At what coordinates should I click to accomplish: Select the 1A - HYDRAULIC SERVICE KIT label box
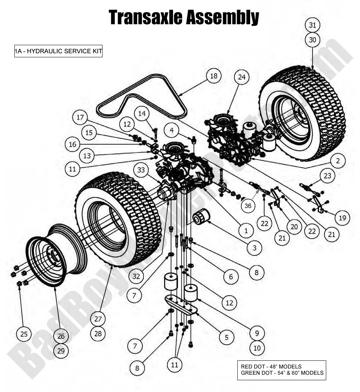coord(58,51)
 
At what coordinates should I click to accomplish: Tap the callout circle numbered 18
coord(213,76)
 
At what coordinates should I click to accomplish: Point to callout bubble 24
coord(241,78)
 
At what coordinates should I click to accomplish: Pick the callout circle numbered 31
coord(312,25)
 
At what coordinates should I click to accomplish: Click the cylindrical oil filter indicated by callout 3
coord(201,216)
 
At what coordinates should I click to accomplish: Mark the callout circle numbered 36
coord(248,206)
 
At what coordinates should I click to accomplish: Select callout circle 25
coord(24,334)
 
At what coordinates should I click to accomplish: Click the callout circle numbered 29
coord(61,351)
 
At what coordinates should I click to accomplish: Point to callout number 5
coord(227,337)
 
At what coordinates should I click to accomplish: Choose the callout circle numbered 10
coord(257,348)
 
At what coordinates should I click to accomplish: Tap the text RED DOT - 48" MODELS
coord(271,367)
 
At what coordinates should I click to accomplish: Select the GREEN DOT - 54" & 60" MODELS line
coord(282,373)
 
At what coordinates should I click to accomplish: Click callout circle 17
coord(80,118)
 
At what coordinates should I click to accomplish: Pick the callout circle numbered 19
coord(342,218)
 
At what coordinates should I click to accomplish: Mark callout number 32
coord(136,276)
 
